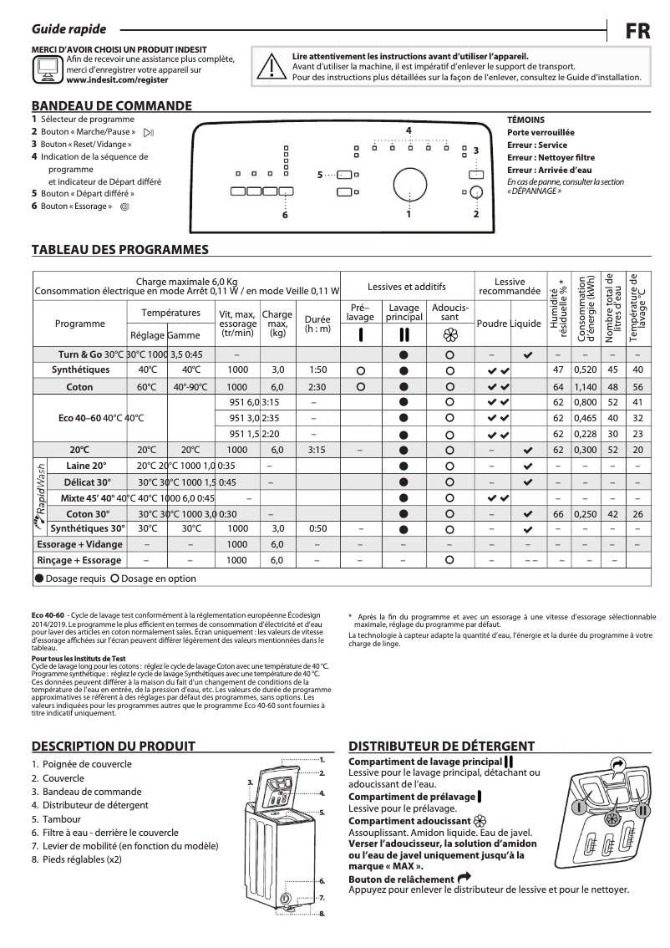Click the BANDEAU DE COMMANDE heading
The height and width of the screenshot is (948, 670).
pyautogui.click(x=111, y=106)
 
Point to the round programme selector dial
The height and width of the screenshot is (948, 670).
pyautogui.click(x=409, y=184)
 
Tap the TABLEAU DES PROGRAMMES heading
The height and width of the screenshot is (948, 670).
pyautogui.click(x=119, y=250)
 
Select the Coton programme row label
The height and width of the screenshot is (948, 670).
pyautogui.click(x=80, y=387)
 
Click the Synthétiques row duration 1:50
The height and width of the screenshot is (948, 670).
pyautogui.click(x=317, y=370)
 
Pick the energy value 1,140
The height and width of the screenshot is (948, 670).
pyautogui.click(x=585, y=387)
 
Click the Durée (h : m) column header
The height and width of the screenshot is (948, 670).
pyautogui.click(x=317, y=324)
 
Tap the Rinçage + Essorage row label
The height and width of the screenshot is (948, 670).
pyautogui.click(x=79, y=560)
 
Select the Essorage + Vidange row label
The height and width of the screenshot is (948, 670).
pyautogui.click(x=80, y=544)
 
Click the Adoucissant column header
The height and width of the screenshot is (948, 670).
pyautogui.click(x=449, y=313)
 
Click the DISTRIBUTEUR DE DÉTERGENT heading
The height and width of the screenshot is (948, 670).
pyautogui.click(x=441, y=747)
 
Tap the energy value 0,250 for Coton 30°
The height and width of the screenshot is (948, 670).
pyautogui.click(x=585, y=513)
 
